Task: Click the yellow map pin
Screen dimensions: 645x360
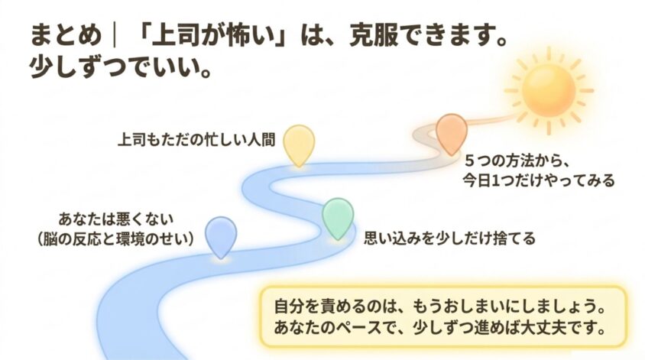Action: click(300, 144)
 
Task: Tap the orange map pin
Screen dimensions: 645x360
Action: click(451, 133)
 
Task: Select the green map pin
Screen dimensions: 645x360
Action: click(338, 217)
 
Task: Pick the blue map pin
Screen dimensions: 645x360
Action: click(221, 236)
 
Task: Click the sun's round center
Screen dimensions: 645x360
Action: click(549, 90)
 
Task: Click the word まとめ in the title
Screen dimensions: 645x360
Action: click(66, 34)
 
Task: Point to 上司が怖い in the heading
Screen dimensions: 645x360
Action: click(212, 34)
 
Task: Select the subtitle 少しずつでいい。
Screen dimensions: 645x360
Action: click(121, 66)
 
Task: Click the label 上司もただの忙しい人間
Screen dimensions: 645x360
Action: click(196, 140)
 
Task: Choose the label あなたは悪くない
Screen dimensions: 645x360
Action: click(115, 219)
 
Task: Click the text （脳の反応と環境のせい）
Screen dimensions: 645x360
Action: click(115, 238)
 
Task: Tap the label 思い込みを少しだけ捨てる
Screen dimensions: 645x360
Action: click(449, 238)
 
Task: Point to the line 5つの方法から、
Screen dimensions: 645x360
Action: click(517, 161)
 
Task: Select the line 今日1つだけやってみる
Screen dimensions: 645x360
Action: click(539, 180)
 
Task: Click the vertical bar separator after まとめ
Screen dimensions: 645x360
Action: click(114, 34)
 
